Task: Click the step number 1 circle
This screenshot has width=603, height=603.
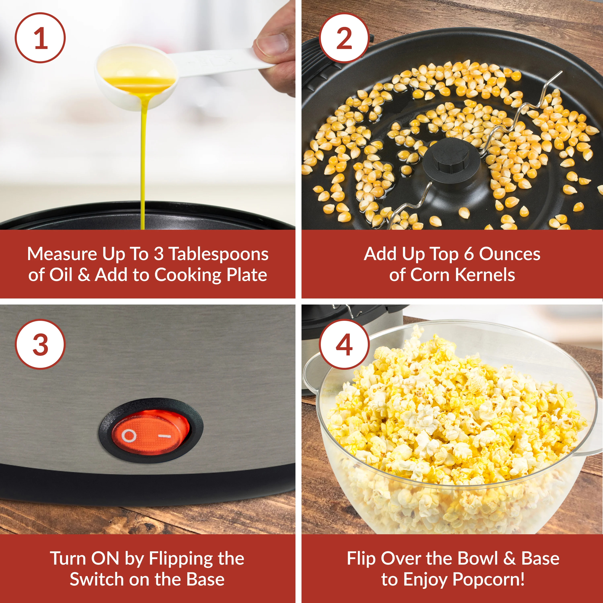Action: [40, 38]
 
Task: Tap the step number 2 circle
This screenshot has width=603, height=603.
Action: [344, 38]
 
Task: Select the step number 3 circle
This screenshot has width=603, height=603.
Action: [40, 345]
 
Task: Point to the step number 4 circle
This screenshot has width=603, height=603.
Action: [344, 345]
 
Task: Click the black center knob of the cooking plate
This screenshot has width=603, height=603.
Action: [451, 162]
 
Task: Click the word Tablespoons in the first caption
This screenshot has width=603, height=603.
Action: [218, 254]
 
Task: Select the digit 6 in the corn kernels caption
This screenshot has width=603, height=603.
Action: [469, 254]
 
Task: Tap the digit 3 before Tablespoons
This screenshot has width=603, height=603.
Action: [159, 254]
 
